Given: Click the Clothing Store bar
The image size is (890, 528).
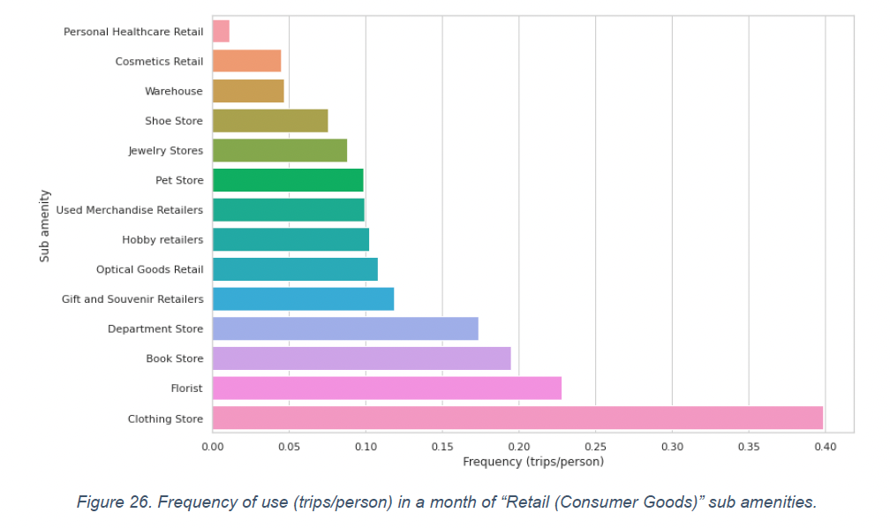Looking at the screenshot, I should [517, 418].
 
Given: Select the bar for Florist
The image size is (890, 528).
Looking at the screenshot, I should [387, 388].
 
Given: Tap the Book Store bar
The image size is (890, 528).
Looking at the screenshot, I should [361, 358].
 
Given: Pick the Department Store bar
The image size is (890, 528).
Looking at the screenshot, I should [345, 328].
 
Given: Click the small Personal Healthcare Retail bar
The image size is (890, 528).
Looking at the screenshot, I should [221, 31].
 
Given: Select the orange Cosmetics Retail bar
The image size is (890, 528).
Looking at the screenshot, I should [246, 61].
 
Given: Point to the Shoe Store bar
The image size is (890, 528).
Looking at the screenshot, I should [270, 121].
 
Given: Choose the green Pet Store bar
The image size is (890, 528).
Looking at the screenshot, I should [288, 180].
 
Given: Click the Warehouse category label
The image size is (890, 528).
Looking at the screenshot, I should [174, 91].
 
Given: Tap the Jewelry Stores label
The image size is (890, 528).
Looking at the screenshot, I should [165, 151].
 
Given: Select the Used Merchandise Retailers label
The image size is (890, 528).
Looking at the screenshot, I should [129, 210].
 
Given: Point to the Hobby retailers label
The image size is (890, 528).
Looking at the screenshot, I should [162, 240].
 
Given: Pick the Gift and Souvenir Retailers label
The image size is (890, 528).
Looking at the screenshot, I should [132, 299].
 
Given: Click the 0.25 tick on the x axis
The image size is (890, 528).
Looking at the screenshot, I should [595, 448].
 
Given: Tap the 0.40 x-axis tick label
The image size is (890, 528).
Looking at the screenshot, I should [825, 448].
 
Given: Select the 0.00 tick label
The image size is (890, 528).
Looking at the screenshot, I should [213, 448].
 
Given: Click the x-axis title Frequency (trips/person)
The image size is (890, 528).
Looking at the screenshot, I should [533, 462].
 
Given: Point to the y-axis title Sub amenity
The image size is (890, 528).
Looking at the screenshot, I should [45, 225].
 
